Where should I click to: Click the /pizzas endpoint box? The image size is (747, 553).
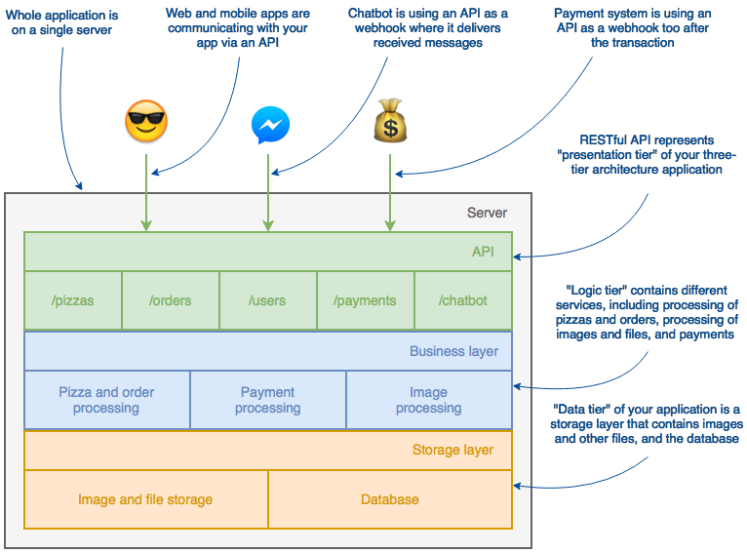pos(73,300)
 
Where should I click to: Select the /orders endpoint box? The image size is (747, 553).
pos(171,300)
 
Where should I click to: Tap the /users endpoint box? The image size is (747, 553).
pos(268,300)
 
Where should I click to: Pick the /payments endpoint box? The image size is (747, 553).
pos(366,300)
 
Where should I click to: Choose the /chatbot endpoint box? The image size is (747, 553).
pos(463,300)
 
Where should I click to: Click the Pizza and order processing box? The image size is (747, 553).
pos(107,400)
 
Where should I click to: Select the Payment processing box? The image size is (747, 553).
pos(268,400)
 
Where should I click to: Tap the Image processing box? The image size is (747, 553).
pos(429,400)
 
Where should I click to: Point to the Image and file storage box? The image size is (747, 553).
pos(145,499)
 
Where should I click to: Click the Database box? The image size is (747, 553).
pos(390,499)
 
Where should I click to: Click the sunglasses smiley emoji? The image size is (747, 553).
pos(146,124)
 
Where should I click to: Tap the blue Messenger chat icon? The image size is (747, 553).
pos(269,125)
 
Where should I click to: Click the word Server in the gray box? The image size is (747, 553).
pos(487,213)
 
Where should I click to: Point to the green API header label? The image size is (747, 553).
pos(483,252)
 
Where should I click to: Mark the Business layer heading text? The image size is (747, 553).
pos(453,351)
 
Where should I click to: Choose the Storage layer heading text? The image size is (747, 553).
pos(452,451)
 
